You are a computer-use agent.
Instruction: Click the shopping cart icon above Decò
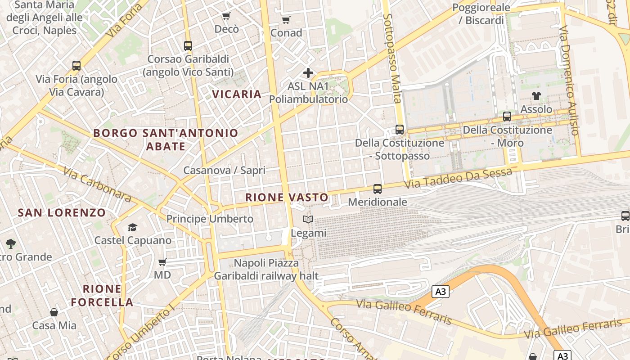coord(226,16)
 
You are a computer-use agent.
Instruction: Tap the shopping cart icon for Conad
coord(286,20)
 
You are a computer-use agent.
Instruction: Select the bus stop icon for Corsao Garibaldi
coord(188,45)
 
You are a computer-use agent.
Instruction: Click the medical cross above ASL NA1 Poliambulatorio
coord(308,72)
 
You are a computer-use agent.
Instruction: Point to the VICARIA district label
coord(237,94)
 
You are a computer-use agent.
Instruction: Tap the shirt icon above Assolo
coord(536,95)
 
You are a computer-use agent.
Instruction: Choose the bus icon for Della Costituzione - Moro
coord(507,117)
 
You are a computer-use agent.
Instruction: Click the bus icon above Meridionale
coord(378,189)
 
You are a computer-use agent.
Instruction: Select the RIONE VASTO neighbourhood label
coord(287,197)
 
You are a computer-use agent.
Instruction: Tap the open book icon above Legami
coord(308,220)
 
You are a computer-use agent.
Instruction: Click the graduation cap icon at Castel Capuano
coord(132,227)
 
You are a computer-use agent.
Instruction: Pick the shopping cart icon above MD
coord(162,262)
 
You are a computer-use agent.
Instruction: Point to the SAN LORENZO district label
coord(62,213)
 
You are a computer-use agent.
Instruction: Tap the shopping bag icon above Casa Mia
coord(54,312)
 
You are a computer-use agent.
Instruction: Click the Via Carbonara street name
coord(97,184)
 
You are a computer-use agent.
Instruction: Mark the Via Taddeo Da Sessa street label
coord(458,178)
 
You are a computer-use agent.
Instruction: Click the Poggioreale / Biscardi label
coord(481,14)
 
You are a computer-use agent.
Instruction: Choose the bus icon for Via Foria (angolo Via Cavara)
coord(76,66)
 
